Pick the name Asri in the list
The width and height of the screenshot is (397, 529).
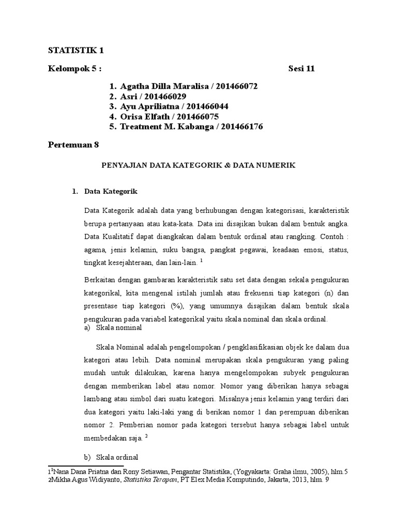tap(130, 96)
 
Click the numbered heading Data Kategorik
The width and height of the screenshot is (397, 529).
tap(110, 192)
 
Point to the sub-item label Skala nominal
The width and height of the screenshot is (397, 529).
tap(115, 328)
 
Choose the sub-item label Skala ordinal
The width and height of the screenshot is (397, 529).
tap(115, 458)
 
